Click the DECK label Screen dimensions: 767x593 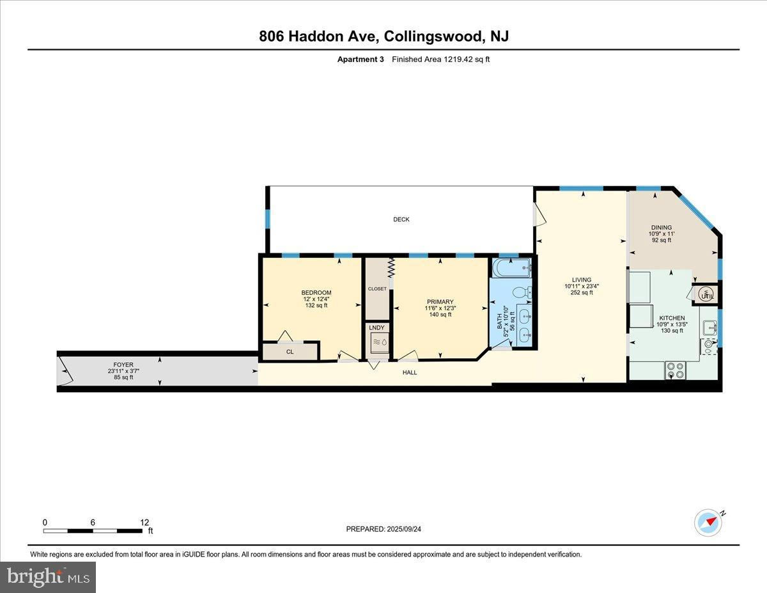[401, 219]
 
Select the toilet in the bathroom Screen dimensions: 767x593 [522, 292]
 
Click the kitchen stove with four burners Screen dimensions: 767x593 [675, 370]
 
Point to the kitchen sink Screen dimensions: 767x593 [709, 328]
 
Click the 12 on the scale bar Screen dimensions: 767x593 [144, 523]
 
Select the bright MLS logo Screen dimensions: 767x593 [48, 577]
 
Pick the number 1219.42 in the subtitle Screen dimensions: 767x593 [458, 59]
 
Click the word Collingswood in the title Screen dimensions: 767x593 [433, 36]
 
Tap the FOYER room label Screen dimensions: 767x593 [123, 365]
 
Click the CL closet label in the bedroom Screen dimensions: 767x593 [290, 352]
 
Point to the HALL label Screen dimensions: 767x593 [410, 372]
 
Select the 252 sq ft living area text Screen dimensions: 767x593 [582, 292]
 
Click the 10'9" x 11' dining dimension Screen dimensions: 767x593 [662, 233]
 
